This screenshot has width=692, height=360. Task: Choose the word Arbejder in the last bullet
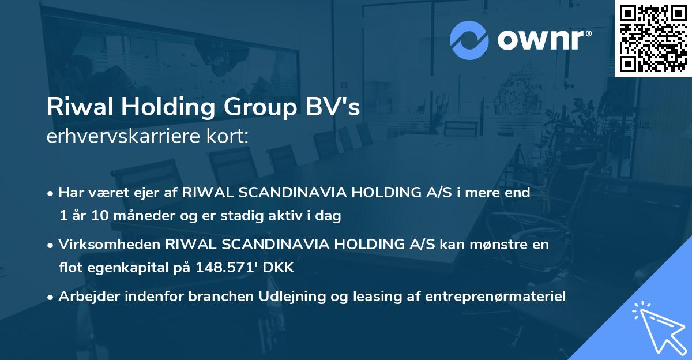[86, 297]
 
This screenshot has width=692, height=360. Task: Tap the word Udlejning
[275, 297]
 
